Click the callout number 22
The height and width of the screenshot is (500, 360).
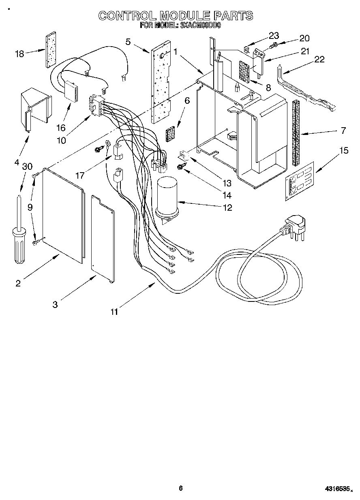(x=319, y=59)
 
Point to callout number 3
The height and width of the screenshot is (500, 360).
(x=55, y=304)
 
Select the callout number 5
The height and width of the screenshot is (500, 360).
(x=128, y=41)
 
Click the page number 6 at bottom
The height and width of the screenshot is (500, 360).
(x=181, y=488)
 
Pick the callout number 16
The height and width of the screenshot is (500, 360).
(x=61, y=128)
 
